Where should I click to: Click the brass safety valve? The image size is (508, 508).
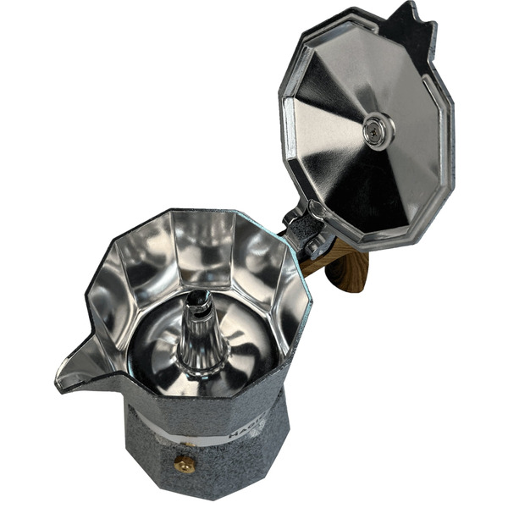[x=184, y=463]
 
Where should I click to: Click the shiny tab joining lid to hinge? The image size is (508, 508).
[x=319, y=211]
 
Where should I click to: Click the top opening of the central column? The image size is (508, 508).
[x=198, y=298]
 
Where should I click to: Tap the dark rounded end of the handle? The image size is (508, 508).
[x=356, y=279]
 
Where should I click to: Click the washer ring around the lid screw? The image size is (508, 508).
[x=385, y=135]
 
